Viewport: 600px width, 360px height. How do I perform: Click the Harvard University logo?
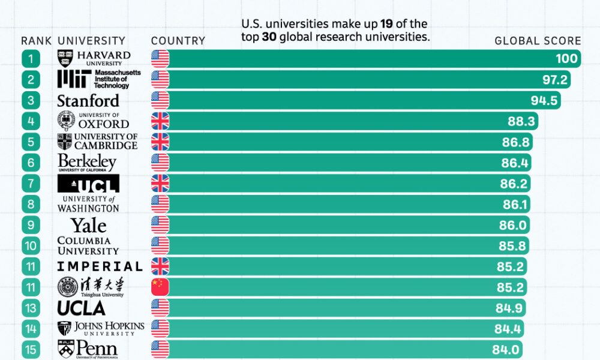click(x=94, y=58)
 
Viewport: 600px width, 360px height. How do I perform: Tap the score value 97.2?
click(x=556, y=79)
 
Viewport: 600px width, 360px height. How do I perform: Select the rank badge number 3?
click(x=31, y=100)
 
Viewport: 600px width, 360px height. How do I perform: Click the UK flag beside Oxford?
click(x=160, y=121)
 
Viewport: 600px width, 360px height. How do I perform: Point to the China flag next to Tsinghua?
click(x=160, y=287)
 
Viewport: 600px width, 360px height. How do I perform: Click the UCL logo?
click(x=88, y=183)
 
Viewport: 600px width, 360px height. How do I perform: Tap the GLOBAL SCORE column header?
click(x=538, y=41)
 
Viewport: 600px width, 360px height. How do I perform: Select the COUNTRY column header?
click(x=178, y=41)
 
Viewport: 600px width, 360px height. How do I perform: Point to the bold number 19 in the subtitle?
click(x=387, y=24)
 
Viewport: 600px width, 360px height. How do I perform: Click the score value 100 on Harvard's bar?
click(x=566, y=58)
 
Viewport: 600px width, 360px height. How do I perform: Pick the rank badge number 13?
click(x=31, y=308)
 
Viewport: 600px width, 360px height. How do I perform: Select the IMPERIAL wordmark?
click(x=100, y=266)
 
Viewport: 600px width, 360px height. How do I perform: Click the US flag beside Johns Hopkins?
click(x=160, y=328)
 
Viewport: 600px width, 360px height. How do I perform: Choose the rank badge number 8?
click(x=31, y=204)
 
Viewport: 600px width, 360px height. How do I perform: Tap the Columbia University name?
click(x=88, y=245)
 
